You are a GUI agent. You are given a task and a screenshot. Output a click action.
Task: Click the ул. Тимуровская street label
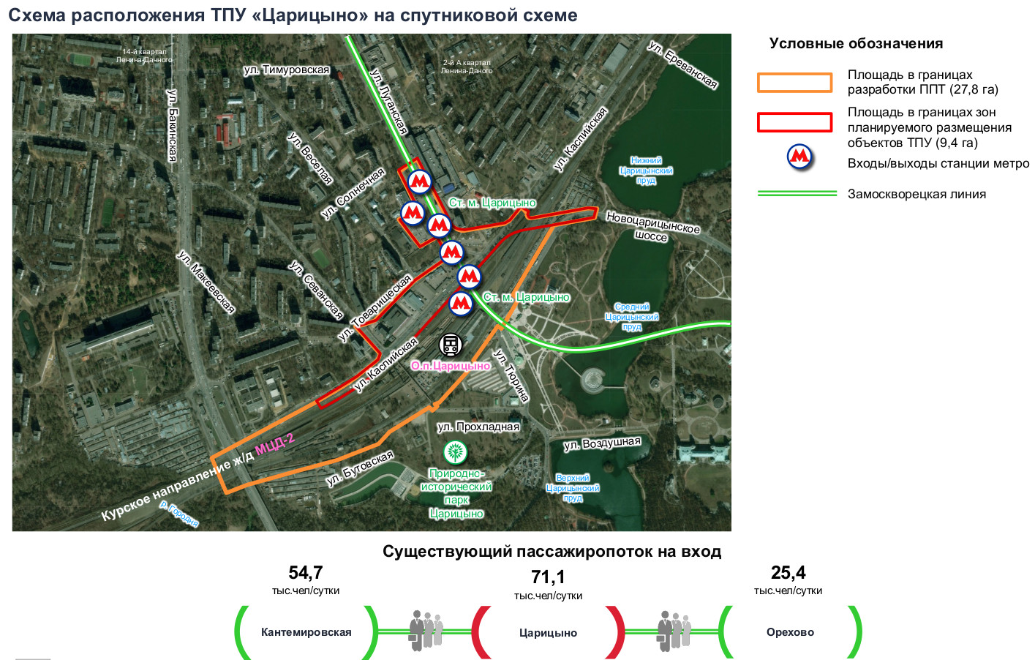coord(287,70)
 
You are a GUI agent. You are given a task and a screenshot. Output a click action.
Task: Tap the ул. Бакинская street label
coord(173,125)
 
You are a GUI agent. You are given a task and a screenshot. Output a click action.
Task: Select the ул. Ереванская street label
coord(682,65)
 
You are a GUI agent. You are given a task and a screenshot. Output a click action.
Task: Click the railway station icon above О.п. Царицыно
coord(450,344)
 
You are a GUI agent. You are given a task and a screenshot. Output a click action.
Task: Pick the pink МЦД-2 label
coord(274,443)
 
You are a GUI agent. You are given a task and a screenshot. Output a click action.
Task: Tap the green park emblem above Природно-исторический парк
coord(455,453)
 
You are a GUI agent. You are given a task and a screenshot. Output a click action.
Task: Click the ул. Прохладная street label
coord(478,427)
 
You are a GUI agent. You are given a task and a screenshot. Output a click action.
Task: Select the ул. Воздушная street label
coord(602,443)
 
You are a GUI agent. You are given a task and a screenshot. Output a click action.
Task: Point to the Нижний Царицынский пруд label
coord(646,170)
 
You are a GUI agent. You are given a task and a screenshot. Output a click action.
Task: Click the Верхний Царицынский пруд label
coord(573,488)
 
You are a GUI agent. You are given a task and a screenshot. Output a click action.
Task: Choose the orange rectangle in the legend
coord(794,83)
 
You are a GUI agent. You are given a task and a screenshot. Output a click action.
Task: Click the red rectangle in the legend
coord(794,122)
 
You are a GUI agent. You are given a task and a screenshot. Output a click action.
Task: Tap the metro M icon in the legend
coord(799,157)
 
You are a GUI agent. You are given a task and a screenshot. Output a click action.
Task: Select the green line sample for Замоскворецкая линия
coord(797,193)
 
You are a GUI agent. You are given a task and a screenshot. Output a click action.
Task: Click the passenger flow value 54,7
coord(306,572)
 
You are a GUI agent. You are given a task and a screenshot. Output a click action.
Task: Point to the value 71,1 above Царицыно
coord(548,577)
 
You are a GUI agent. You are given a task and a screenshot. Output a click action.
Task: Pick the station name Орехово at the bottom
coord(790,632)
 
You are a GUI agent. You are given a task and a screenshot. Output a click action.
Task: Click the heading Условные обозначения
coord(856,44)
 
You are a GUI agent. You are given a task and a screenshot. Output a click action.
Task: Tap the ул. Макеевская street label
coord(206,282)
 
